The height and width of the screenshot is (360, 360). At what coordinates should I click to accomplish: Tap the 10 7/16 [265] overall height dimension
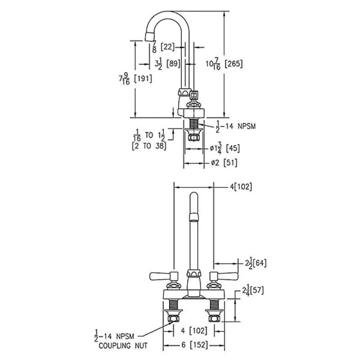pos(224,63)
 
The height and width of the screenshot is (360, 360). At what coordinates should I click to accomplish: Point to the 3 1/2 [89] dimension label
pos(167,63)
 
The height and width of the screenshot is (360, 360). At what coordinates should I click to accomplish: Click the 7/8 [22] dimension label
pos(163,47)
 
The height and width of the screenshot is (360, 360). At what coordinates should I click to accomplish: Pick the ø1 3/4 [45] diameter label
pos(225,148)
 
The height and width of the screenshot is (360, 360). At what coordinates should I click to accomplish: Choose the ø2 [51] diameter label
pos(224,163)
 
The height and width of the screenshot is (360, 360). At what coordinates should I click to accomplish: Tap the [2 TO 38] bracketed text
pos(149,146)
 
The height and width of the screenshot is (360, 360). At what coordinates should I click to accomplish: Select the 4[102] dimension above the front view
pos(241,187)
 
